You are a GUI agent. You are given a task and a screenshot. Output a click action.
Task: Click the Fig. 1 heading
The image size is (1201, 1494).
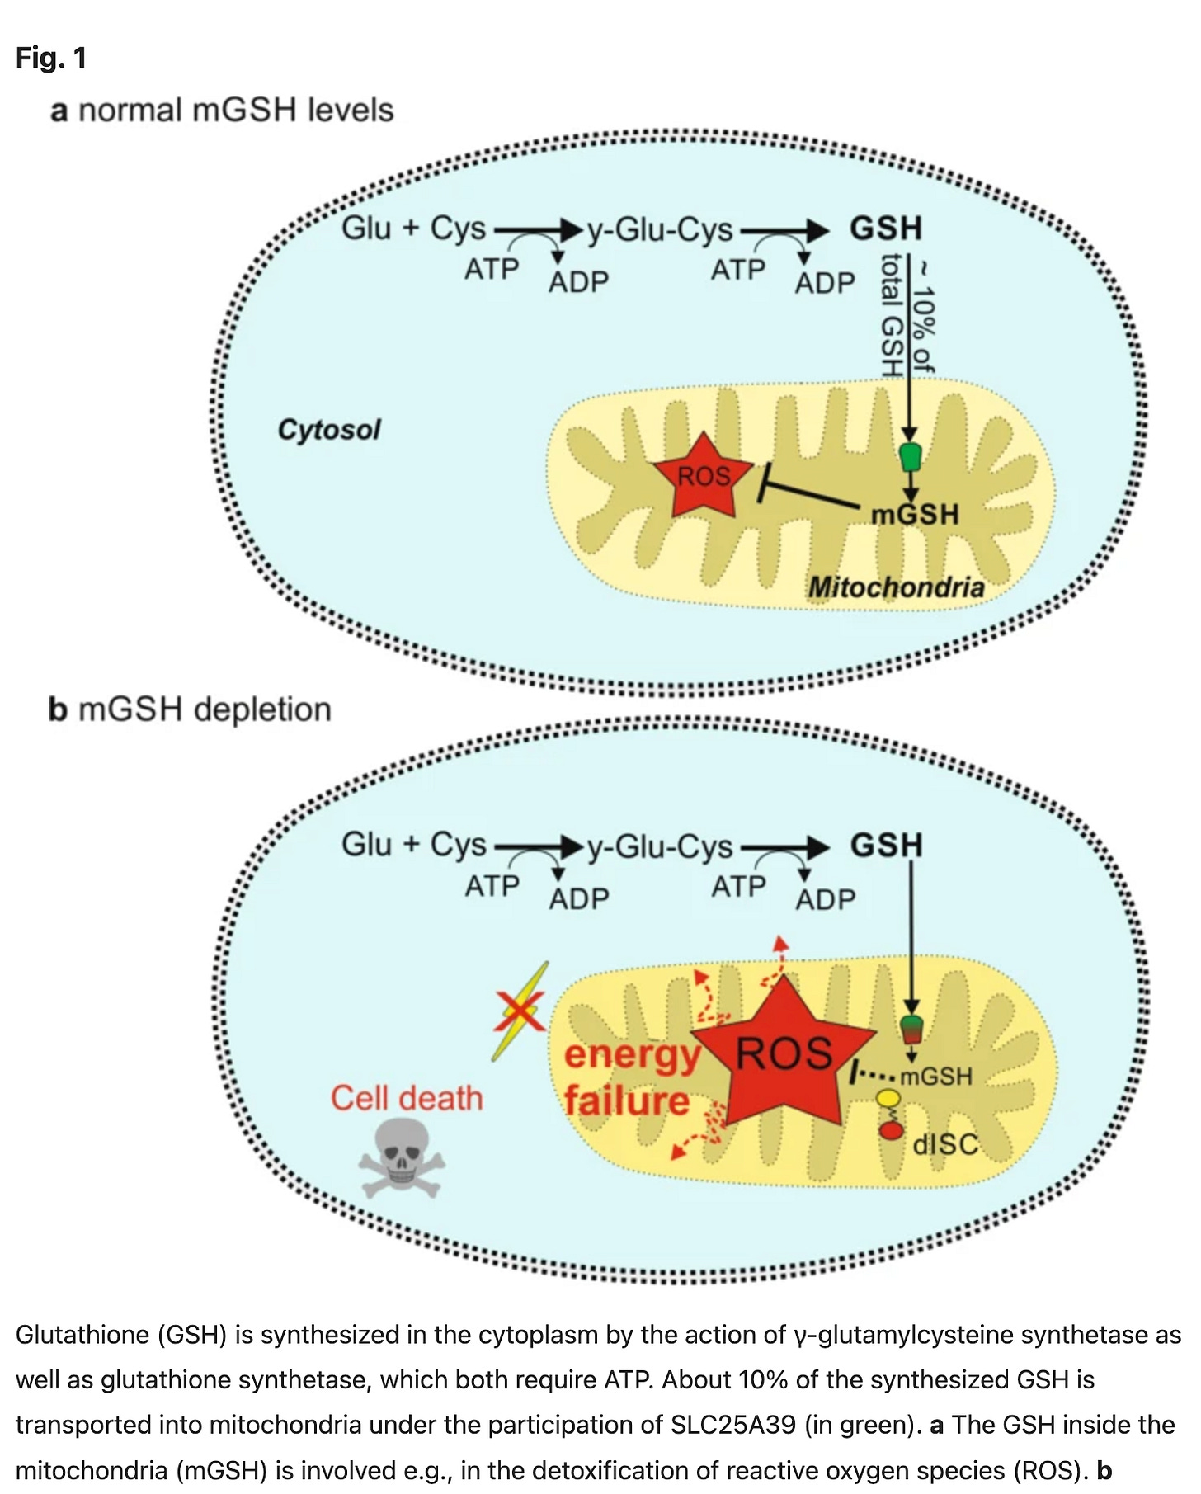point(51,58)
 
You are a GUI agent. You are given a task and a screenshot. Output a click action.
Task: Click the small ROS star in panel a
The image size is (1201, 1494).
point(704,476)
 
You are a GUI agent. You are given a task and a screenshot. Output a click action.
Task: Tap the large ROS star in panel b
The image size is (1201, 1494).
point(783,1053)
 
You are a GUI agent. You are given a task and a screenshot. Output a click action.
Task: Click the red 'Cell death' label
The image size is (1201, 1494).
point(407,1098)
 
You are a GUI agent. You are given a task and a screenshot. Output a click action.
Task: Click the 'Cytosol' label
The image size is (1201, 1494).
point(329,430)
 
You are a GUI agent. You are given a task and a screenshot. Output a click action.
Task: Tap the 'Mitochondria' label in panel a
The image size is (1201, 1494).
point(896,587)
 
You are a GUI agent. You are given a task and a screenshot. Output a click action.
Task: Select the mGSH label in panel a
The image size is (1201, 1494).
point(916,515)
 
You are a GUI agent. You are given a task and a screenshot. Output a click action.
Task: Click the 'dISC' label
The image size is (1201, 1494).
point(944,1144)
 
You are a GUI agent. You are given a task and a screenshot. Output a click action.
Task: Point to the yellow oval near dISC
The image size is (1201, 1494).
point(888,1098)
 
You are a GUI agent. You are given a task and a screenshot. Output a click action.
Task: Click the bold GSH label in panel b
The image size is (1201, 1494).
point(886,846)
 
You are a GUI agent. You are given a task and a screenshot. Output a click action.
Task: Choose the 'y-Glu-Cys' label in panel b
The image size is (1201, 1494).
point(660,846)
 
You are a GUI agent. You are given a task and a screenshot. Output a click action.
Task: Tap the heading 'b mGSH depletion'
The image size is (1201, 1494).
point(190,709)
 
